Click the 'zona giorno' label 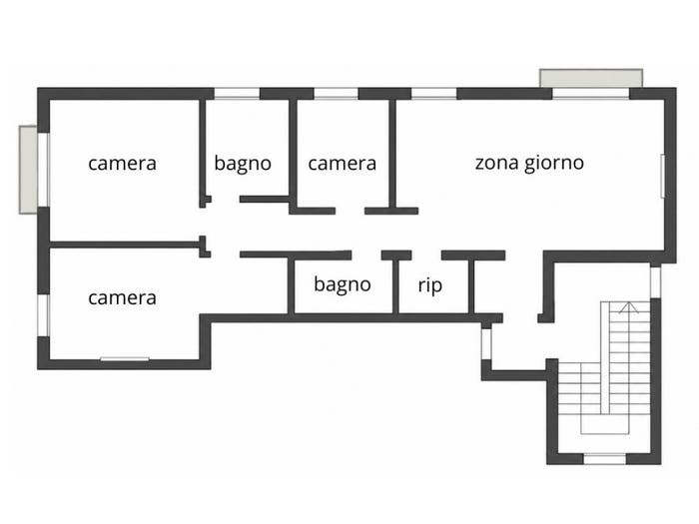pos(529,164)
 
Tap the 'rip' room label pos(430,285)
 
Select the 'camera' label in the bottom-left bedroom pos(122,298)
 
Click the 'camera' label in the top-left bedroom pos(122,164)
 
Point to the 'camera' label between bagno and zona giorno pos(342,164)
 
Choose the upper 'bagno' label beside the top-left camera pos(243,164)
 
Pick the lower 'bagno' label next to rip pos(342,284)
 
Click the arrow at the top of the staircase pos(628,307)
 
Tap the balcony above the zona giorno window pos(591,78)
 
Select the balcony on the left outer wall pos(28,170)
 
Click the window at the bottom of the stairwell pos(604,459)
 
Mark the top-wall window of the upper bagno pos(237,94)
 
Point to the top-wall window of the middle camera pos(337,94)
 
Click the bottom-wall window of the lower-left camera pos(125,359)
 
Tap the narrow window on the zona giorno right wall pos(662,176)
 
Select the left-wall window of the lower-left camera pos(43,315)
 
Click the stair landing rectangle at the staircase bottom pos(604,423)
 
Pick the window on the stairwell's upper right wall pos(655,282)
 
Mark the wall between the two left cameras pos(124,245)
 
